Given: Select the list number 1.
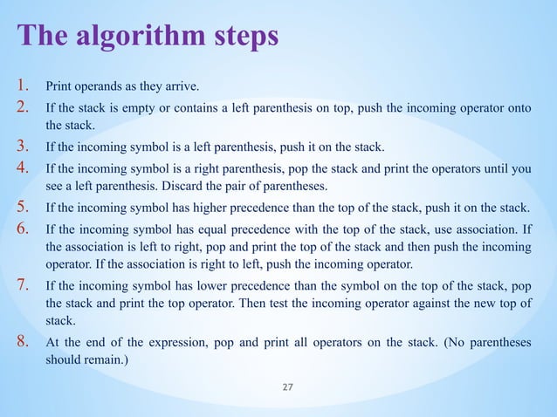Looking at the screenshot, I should point(23,86).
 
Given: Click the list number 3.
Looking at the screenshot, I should point(23,145).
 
